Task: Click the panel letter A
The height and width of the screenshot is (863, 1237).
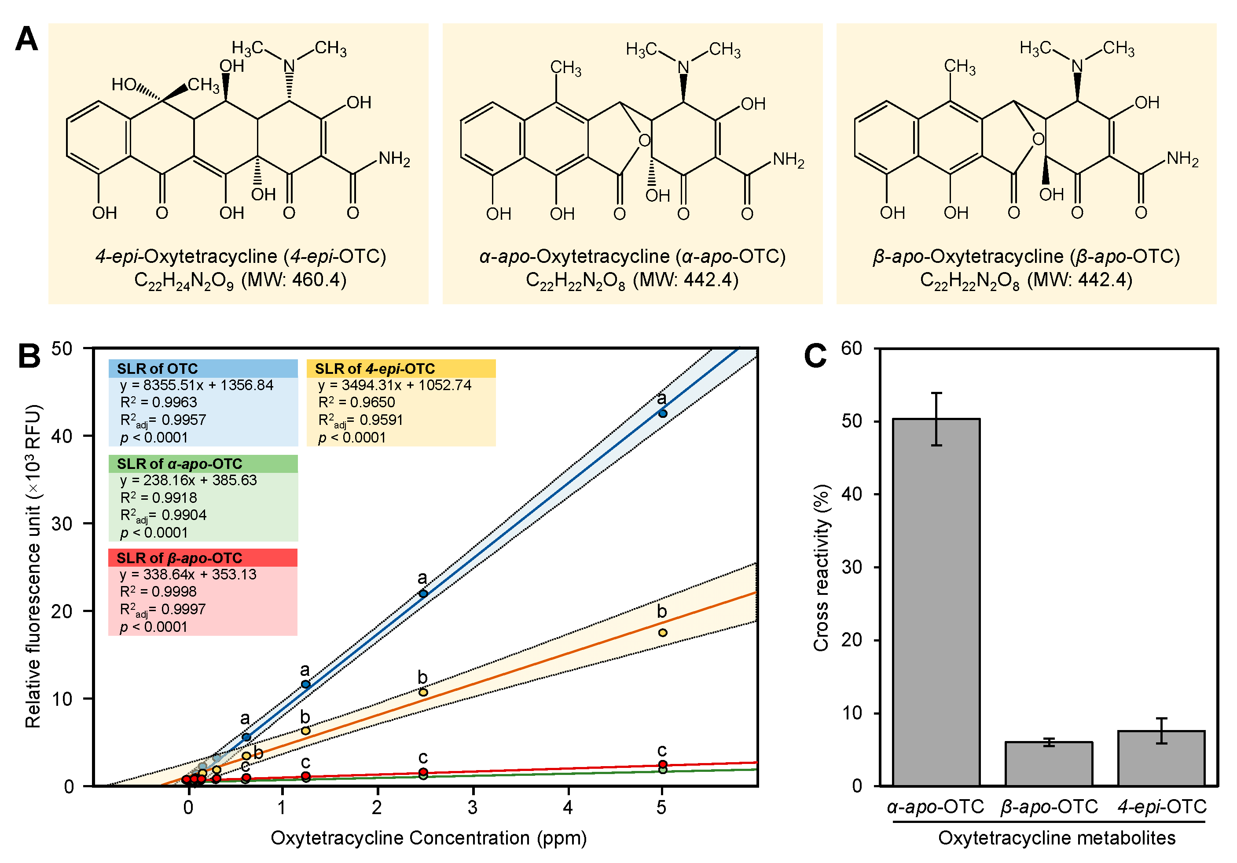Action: (26, 39)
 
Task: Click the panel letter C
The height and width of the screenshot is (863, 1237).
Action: (815, 356)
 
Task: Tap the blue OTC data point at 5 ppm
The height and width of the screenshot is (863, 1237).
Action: (663, 413)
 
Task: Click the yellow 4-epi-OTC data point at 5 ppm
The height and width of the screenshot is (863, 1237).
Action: (663, 632)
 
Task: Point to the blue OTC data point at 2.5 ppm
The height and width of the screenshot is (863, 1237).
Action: (423, 594)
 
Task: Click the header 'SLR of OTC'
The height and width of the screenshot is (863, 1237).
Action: (157, 369)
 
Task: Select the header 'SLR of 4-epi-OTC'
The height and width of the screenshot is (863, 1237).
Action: (374, 369)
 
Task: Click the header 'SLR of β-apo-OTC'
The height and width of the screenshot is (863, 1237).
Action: (180, 558)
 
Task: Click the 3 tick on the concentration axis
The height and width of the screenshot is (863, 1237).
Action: (473, 807)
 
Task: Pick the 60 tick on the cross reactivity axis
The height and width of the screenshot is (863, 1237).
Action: (852, 348)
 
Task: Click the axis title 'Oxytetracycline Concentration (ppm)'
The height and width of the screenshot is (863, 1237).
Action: (428, 837)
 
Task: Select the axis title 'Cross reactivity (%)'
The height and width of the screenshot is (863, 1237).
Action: (821, 568)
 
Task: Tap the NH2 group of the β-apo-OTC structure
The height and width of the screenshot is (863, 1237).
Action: (1182, 159)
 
